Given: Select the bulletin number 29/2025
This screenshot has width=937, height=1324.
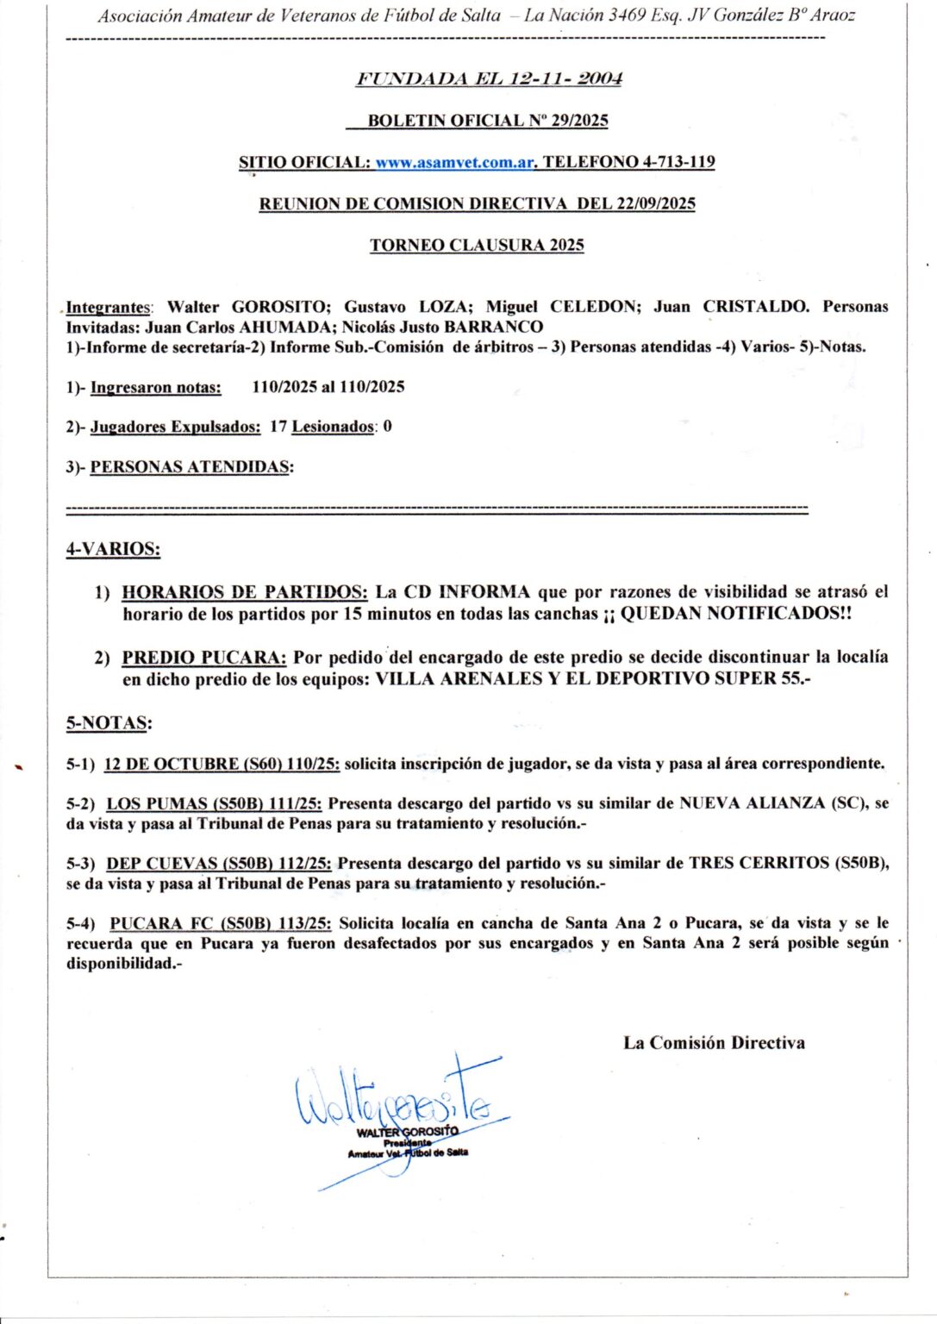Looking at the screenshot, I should [x=580, y=121].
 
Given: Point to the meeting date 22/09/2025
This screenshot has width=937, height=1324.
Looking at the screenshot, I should [x=655, y=203].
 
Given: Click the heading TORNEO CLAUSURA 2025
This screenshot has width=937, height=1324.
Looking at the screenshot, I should [x=477, y=245].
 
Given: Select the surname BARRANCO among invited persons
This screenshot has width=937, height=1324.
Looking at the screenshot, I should [x=493, y=328].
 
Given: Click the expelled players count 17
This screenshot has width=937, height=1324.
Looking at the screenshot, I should [x=278, y=427].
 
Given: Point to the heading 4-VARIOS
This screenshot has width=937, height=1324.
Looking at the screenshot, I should [x=113, y=549].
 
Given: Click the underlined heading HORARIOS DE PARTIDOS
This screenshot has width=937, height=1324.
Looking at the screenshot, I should [x=245, y=592].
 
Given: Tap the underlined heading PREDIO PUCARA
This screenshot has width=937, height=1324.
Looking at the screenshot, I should [x=204, y=657].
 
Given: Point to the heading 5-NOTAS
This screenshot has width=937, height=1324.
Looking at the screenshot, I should [x=109, y=723].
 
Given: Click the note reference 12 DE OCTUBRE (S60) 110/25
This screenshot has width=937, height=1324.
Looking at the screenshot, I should [x=222, y=764].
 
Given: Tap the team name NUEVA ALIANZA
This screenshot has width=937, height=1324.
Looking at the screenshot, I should [x=752, y=803].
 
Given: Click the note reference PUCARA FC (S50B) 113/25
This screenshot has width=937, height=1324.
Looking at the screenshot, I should [x=221, y=923].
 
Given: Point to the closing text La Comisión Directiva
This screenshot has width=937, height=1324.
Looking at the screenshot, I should [x=714, y=1043].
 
